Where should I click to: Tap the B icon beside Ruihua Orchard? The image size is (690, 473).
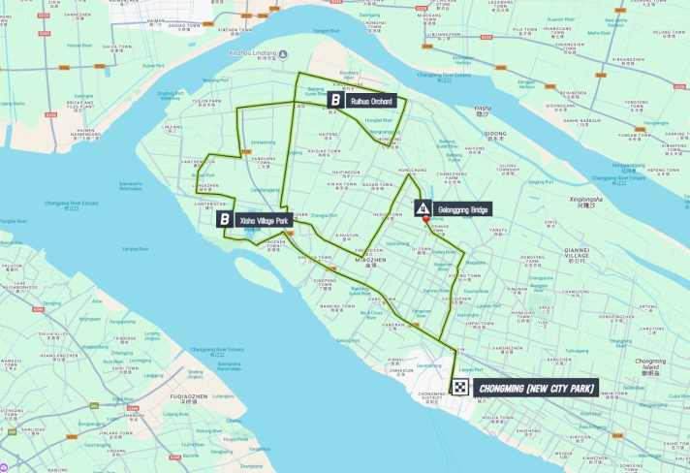point(335,100)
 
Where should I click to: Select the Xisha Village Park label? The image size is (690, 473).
point(262,220)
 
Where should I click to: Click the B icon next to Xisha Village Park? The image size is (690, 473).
point(225,220)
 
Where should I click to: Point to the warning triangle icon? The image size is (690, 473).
point(423,208)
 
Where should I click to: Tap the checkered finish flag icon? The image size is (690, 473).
point(460,389)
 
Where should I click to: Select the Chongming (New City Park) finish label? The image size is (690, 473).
point(534,389)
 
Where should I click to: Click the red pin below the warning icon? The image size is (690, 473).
point(424,222)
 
